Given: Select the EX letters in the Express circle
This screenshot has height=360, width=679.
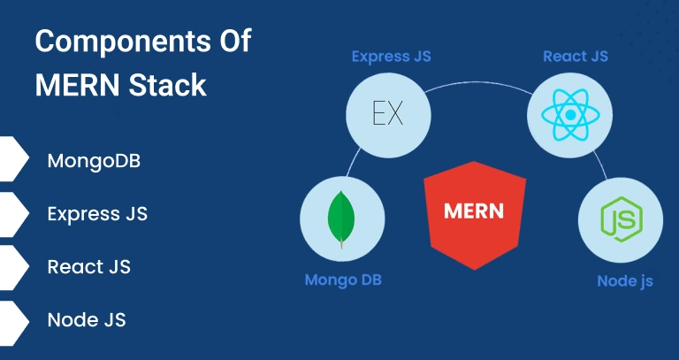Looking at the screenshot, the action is pos(388,114).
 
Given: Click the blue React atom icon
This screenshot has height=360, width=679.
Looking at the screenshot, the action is pos(570,115).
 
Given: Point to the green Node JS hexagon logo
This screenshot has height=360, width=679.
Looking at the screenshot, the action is pos(622,219).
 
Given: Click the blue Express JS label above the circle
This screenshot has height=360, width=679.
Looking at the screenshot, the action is pos(391,57).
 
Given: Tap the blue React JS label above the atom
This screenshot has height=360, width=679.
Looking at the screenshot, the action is pos(576,57).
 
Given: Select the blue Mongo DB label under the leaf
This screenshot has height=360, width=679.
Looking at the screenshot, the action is pos(343,280).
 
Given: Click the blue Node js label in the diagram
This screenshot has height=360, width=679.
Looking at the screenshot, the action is pos(625,281).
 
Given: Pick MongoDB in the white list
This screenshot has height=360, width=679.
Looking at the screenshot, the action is pos(94,161).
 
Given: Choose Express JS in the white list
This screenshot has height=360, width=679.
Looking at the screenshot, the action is pos(97,214).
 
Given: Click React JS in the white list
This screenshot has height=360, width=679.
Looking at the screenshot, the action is pos(88,267).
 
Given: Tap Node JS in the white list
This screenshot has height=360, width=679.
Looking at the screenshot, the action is pos(87,320).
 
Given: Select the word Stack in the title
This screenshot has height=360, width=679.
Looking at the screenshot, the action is pos(167,85).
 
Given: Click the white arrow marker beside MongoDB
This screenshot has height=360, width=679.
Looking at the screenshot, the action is pos(13,158).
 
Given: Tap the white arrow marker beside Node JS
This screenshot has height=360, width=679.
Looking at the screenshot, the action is pos(13,323).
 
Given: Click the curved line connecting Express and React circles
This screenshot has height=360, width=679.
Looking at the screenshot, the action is pos(478,82).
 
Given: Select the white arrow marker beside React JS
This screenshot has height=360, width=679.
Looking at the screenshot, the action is pos(13,267).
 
